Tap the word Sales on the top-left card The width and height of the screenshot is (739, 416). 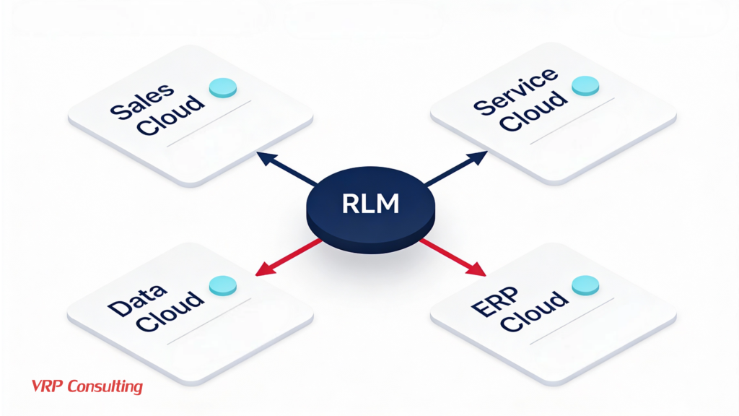coord(142,100)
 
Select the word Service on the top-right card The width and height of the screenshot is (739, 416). coord(515,92)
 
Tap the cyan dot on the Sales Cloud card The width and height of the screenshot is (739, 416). coord(222,87)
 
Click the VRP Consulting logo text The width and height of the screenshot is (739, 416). coord(87,386)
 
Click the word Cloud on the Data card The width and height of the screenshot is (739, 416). coord(170,312)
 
